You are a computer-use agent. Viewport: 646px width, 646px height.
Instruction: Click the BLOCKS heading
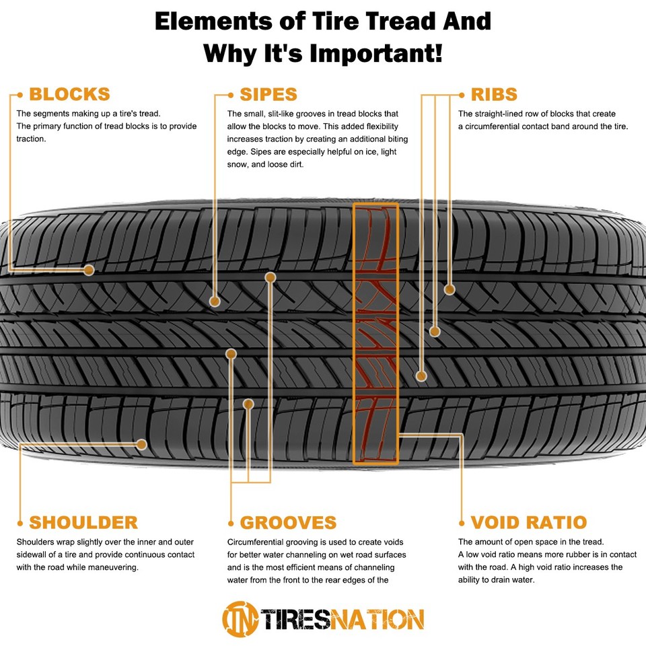pos(69,94)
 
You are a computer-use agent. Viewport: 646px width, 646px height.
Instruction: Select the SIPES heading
pos(268,94)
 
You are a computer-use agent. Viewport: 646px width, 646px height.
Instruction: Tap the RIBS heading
pos(494,94)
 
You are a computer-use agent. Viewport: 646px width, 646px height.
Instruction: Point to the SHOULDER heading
pos(83,522)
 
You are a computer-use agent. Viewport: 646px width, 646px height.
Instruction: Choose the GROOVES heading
pos(288,522)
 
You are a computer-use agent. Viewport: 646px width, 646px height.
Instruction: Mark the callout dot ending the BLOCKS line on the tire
pos(89,270)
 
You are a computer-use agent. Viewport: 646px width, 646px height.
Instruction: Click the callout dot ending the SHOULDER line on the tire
pos(142,444)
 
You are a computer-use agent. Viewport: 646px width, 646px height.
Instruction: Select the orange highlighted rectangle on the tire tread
pos(375,333)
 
